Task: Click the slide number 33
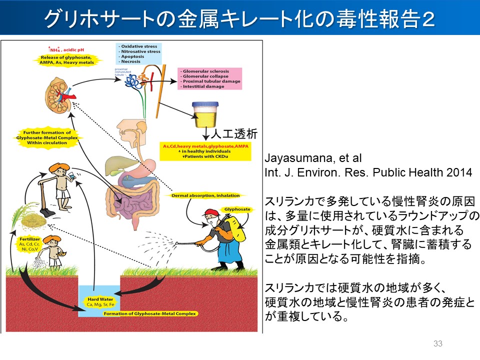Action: click(438, 343)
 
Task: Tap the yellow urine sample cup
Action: click(204, 114)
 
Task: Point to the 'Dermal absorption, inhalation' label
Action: click(205, 195)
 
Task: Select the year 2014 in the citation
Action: click(460, 172)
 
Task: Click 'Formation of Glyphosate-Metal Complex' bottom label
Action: click(149, 313)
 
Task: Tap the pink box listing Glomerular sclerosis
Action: click(209, 78)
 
